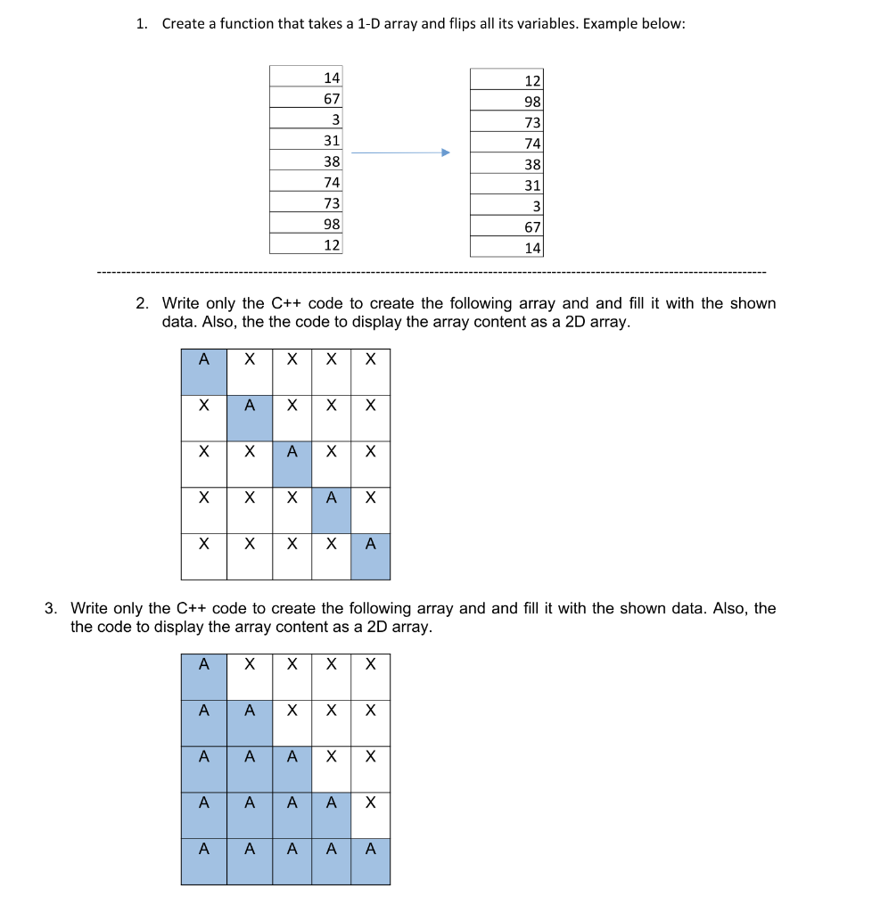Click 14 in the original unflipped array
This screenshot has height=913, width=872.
(x=332, y=78)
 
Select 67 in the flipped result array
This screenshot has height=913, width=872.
(x=532, y=227)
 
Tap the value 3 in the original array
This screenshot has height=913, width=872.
(x=335, y=119)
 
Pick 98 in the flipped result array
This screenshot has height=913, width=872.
(x=532, y=102)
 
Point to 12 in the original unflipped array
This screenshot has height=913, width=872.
(x=332, y=244)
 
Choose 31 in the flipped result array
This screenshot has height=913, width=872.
(x=532, y=185)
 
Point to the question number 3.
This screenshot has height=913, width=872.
(x=51, y=608)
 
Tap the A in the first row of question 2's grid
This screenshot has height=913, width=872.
(x=203, y=360)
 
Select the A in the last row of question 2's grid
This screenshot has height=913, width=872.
(x=371, y=543)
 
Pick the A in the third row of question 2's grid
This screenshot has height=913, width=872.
(x=292, y=452)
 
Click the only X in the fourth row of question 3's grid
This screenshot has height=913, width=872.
(x=371, y=802)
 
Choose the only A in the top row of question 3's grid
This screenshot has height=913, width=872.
(x=203, y=664)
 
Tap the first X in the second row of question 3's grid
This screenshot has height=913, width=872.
(x=292, y=711)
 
